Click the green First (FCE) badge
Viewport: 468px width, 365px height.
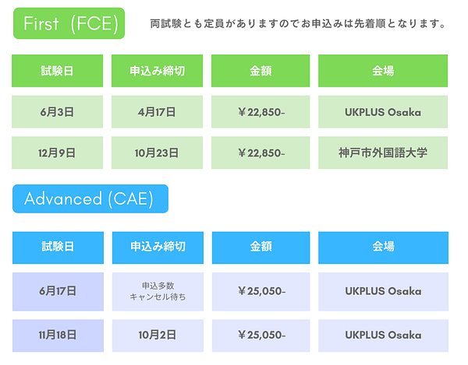click(x=69, y=23)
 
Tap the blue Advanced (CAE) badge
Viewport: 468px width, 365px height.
click(x=90, y=198)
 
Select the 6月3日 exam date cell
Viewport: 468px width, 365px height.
click(x=57, y=111)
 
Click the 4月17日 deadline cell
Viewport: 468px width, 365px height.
click(x=157, y=111)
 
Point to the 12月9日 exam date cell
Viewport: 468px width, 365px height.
click(x=57, y=153)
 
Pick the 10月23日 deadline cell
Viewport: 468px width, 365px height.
click(x=157, y=153)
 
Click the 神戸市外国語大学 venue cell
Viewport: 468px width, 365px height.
click(x=383, y=153)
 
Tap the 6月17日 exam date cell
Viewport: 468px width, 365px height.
click(x=58, y=292)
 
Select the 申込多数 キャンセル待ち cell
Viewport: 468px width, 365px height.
click(x=158, y=292)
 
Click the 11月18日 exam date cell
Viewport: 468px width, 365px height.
click(x=58, y=335)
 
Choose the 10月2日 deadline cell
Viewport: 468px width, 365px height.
click(x=158, y=335)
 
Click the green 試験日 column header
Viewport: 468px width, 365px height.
click(x=57, y=71)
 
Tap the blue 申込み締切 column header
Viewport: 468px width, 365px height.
click(x=158, y=247)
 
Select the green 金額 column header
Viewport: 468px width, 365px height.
click(x=261, y=71)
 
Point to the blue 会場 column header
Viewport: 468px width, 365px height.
click(x=383, y=247)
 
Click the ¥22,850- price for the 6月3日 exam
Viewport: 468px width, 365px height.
click(x=261, y=112)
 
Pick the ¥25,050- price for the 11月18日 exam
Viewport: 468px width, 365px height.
click(x=262, y=335)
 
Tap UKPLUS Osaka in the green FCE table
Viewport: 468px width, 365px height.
click(x=383, y=112)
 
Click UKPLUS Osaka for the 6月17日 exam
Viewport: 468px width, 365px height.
click(x=383, y=291)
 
